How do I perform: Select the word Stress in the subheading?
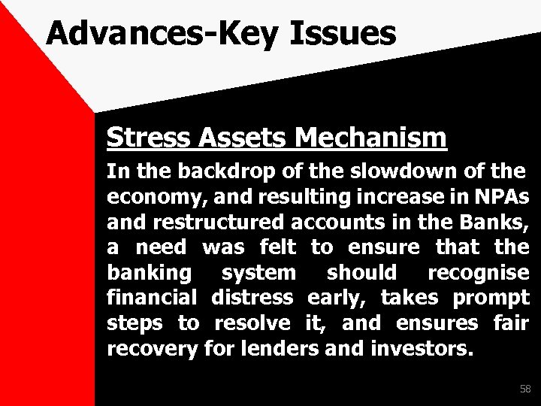tap(145, 138)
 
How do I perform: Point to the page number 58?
tap(524, 389)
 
